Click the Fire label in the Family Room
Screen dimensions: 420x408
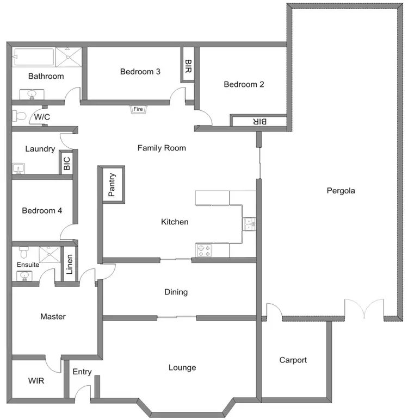[139, 109]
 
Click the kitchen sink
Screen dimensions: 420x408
[249, 224]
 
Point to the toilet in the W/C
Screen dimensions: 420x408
[19, 116]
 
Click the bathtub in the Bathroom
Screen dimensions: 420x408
[34, 56]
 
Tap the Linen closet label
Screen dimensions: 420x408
[69, 264]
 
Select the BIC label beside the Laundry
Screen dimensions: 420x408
[67, 164]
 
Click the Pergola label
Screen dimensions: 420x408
[341, 191]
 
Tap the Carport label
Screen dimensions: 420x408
[293, 360]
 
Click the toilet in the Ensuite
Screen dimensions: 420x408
[23, 253]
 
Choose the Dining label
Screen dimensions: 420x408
[176, 292]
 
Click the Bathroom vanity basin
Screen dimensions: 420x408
[31, 95]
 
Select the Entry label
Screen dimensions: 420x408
[82, 372]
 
